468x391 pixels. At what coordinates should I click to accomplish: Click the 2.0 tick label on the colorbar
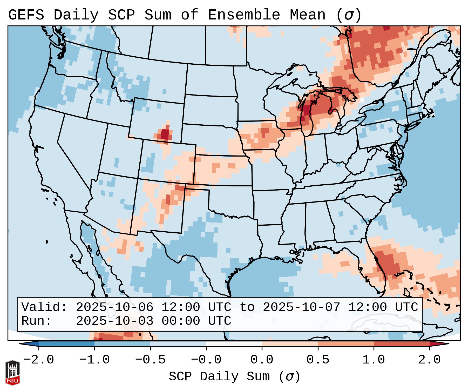[429, 360]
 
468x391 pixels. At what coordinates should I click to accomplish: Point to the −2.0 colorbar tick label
[39, 360]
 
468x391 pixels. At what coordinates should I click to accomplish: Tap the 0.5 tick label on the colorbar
[318, 360]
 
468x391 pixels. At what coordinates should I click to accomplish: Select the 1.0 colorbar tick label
[374, 360]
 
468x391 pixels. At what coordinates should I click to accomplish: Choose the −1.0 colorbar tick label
[94, 360]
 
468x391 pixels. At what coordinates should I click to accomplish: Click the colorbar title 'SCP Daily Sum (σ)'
[234, 377]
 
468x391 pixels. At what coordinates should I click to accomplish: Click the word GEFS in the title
[26, 15]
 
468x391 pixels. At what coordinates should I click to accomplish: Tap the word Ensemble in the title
[244, 15]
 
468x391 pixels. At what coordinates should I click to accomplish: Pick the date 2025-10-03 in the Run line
[114, 321]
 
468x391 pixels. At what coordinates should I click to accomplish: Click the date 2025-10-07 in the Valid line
[301, 307]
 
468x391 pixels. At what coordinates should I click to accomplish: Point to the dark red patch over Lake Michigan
[307, 110]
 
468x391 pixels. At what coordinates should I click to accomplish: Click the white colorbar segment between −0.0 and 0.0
[234, 344]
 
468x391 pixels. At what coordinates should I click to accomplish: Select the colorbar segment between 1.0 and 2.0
[401, 344]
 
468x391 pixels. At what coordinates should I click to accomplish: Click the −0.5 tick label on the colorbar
[150, 360]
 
